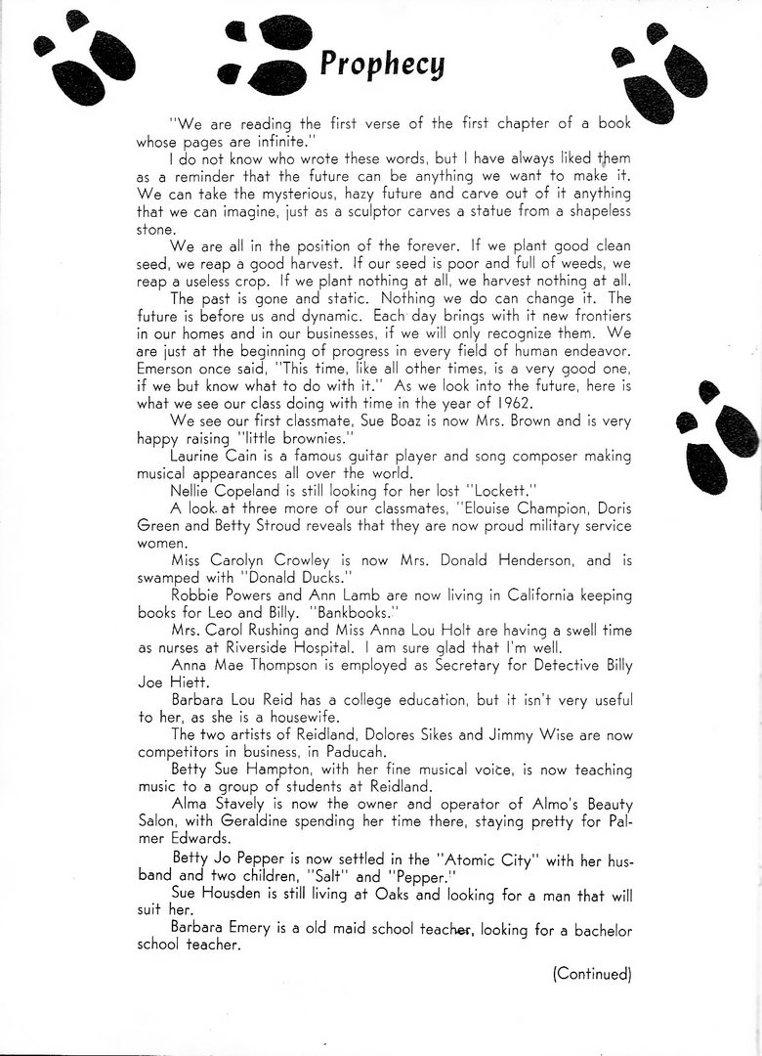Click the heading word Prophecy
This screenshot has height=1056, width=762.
click(x=382, y=64)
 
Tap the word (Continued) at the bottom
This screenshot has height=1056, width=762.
click(x=592, y=973)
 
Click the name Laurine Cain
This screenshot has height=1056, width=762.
click(x=215, y=456)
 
